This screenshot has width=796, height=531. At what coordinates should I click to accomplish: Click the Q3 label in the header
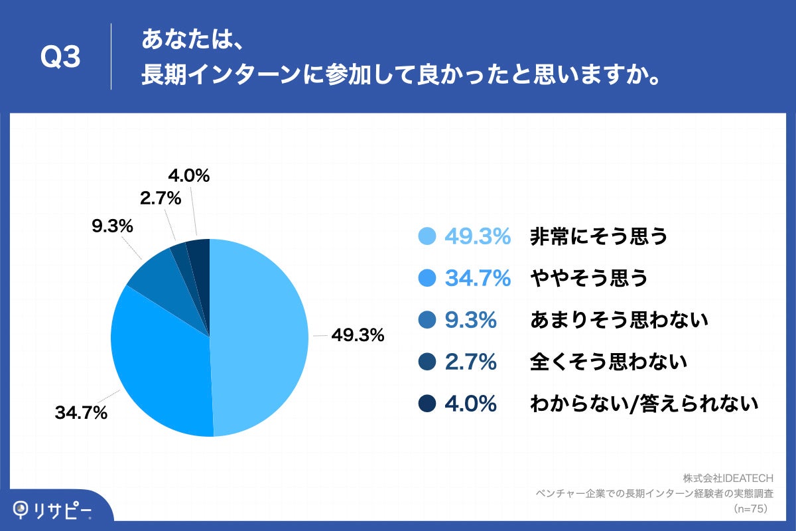point(60,58)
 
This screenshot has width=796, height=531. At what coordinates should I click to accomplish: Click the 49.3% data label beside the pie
point(358,336)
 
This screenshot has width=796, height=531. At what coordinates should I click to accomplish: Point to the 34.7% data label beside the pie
point(81,414)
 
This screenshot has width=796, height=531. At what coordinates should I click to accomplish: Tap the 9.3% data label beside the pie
point(112,226)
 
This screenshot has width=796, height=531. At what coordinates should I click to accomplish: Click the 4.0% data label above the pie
point(188,176)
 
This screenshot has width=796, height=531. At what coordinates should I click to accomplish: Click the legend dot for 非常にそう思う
point(428,236)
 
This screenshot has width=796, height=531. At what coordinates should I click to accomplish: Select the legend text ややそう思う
point(588,279)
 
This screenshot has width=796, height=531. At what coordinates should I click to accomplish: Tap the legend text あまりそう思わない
point(620,321)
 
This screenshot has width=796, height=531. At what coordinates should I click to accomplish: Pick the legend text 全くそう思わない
point(608,362)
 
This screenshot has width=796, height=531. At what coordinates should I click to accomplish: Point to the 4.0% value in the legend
point(470,404)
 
